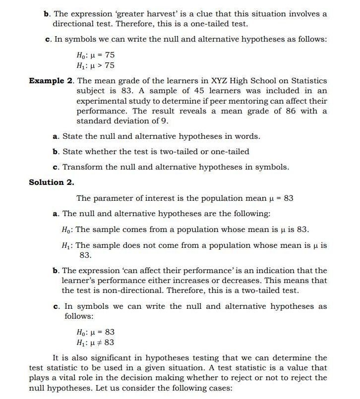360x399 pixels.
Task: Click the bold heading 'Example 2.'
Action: point(51,81)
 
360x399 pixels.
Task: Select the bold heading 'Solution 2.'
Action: point(52,182)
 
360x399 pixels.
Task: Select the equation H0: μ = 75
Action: point(95,55)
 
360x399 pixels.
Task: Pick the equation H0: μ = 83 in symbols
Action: point(95,332)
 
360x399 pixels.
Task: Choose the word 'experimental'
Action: point(102,101)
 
